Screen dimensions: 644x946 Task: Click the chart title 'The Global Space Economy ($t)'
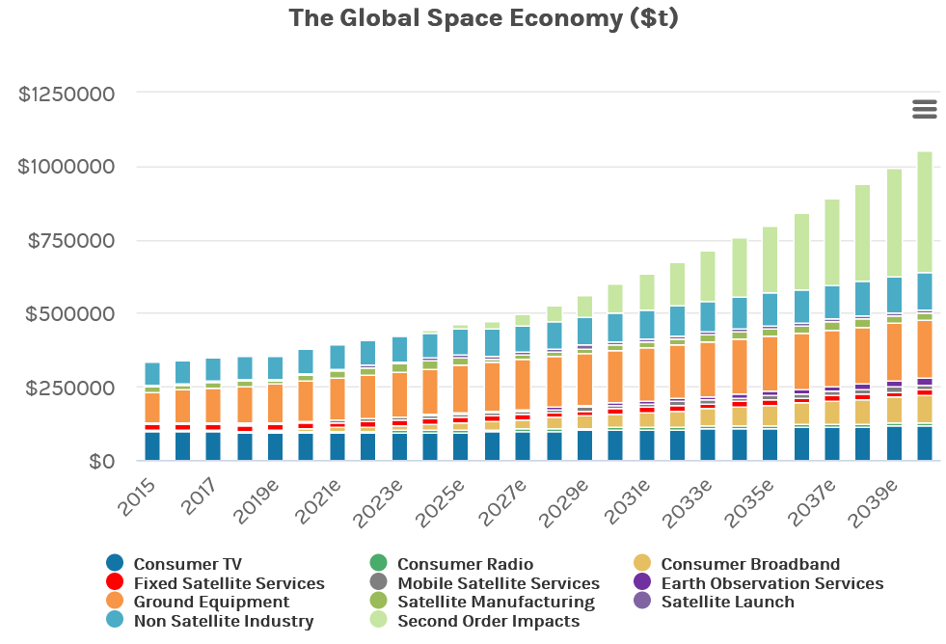point(483,18)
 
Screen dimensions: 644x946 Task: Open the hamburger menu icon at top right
point(924,109)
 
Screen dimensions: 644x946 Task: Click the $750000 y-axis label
point(74,240)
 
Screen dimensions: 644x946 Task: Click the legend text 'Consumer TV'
point(187,564)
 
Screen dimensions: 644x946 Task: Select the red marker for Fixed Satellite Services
point(115,582)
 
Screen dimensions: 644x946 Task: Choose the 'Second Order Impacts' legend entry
point(488,621)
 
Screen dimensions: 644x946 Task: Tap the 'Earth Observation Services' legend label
point(771,583)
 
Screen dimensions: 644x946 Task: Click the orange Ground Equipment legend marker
point(115,602)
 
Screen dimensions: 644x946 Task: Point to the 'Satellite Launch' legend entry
point(727,602)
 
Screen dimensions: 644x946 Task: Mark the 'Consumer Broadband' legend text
point(750,564)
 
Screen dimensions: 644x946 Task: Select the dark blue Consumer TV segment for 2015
point(152,446)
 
